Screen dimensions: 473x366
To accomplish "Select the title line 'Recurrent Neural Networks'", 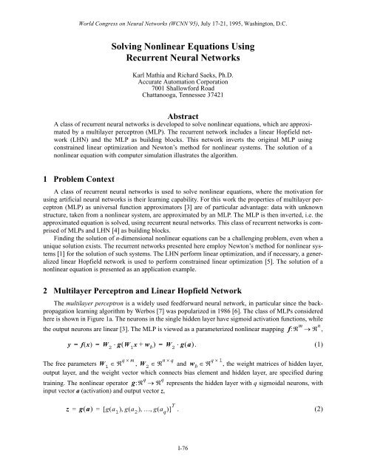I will click(183, 59).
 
